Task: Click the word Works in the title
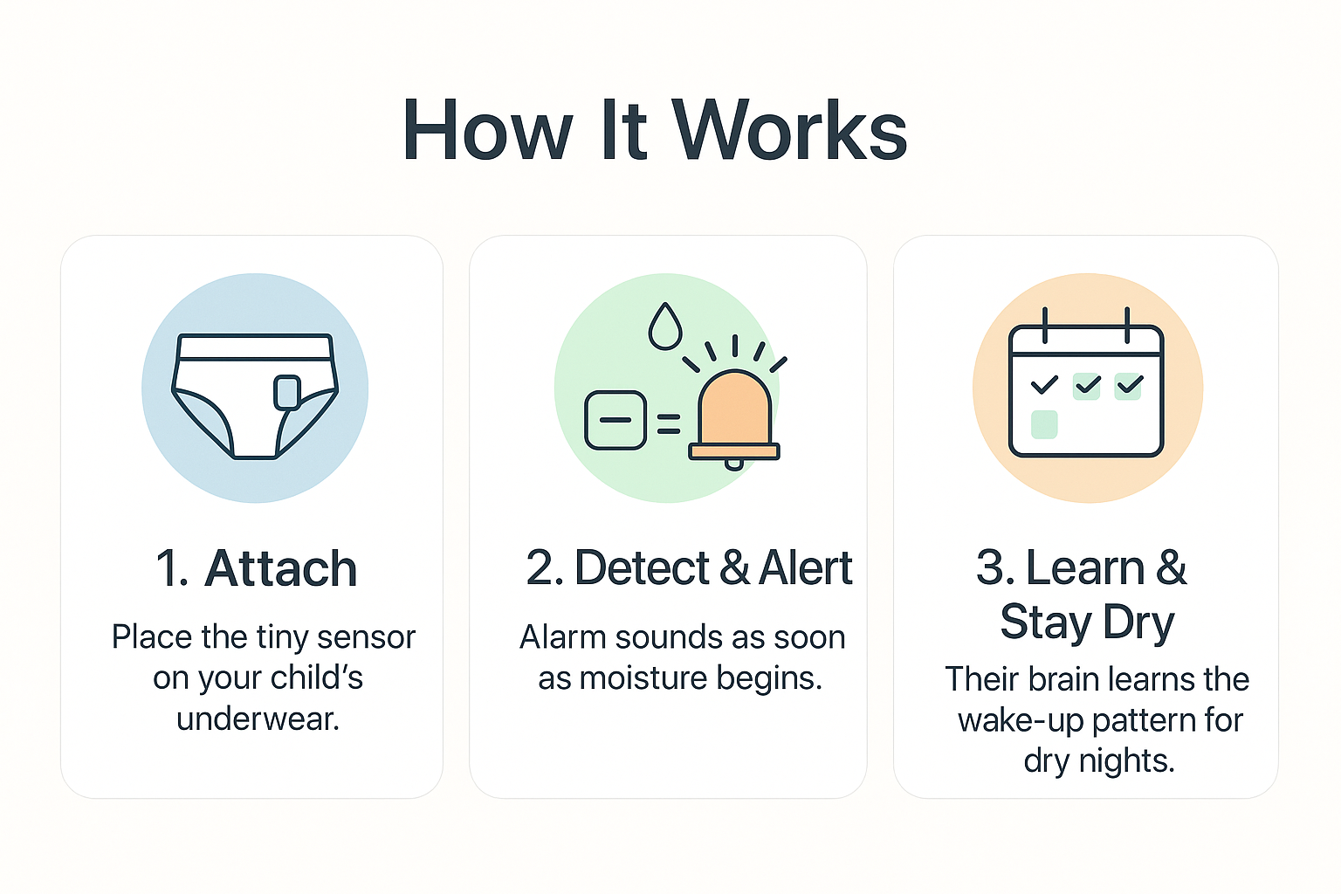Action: click(789, 129)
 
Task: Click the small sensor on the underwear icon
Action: click(287, 393)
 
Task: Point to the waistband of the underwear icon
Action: click(255, 347)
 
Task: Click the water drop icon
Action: click(665, 326)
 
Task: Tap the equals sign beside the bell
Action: click(669, 424)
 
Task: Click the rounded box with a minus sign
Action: click(615, 420)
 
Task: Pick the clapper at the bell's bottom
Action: click(734, 464)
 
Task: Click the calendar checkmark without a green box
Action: click(1044, 384)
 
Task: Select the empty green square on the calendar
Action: click(1044, 424)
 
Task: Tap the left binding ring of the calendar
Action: click(1045, 326)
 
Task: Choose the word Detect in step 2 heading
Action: click(643, 567)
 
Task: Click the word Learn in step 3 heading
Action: click(1085, 567)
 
